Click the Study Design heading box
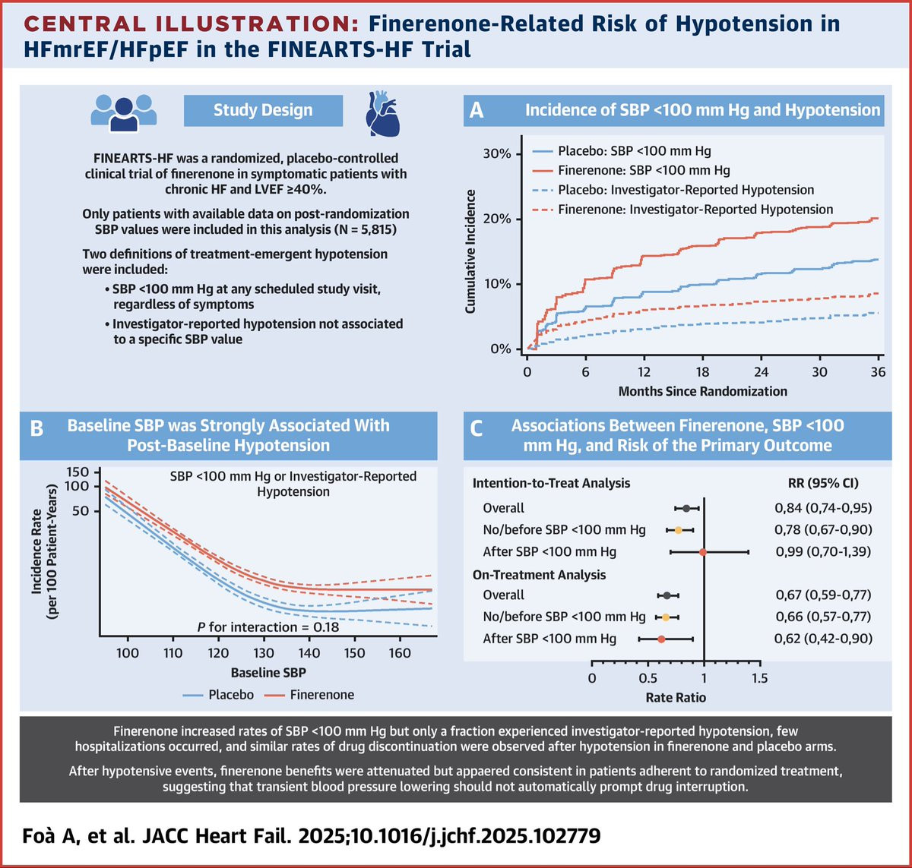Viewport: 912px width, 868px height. tap(263, 110)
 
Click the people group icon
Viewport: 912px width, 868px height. tap(124, 109)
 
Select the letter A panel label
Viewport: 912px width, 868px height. tap(477, 111)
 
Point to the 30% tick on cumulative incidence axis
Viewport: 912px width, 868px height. tap(498, 154)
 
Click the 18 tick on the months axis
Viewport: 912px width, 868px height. tap(703, 373)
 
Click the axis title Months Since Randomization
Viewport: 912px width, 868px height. tap(702, 392)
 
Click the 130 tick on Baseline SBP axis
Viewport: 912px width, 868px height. tap(264, 652)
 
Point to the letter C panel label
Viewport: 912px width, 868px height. tap(477, 429)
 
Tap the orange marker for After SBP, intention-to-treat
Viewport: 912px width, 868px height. tap(703, 552)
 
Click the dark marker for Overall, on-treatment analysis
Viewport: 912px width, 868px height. tap(667, 595)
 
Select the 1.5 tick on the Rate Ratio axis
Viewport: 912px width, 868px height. tap(760, 677)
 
